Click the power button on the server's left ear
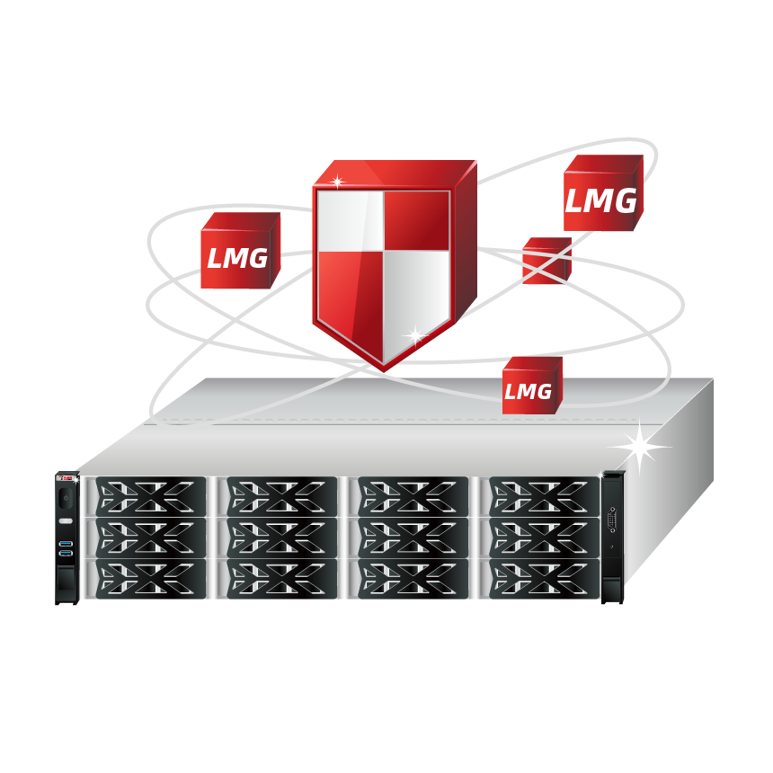pyautogui.click(x=66, y=498)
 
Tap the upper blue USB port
pyautogui.click(x=66, y=544)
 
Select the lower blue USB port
pyautogui.click(x=66, y=554)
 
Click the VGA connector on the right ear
pyautogui.click(x=612, y=520)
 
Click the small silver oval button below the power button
pyautogui.click(x=66, y=521)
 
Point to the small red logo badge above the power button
pyautogui.click(x=67, y=477)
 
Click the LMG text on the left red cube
pyautogui.click(x=237, y=258)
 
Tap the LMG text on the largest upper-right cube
pyautogui.click(x=600, y=200)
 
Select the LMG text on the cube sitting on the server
pyautogui.click(x=528, y=392)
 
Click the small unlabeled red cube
pyautogui.click(x=546, y=261)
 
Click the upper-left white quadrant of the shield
pyautogui.click(x=350, y=220)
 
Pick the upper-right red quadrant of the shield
pyautogui.click(x=416, y=220)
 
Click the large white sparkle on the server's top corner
pyautogui.click(x=639, y=447)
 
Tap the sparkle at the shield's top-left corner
pyautogui.click(x=337, y=182)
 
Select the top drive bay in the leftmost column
pyautogui.click(x=151, y=496)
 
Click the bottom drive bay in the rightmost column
pyautogui.click(x=545, y=579)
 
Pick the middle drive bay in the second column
pyautogui.click(x=282, y=538)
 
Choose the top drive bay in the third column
pyautogui.click(x=413, y=496)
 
